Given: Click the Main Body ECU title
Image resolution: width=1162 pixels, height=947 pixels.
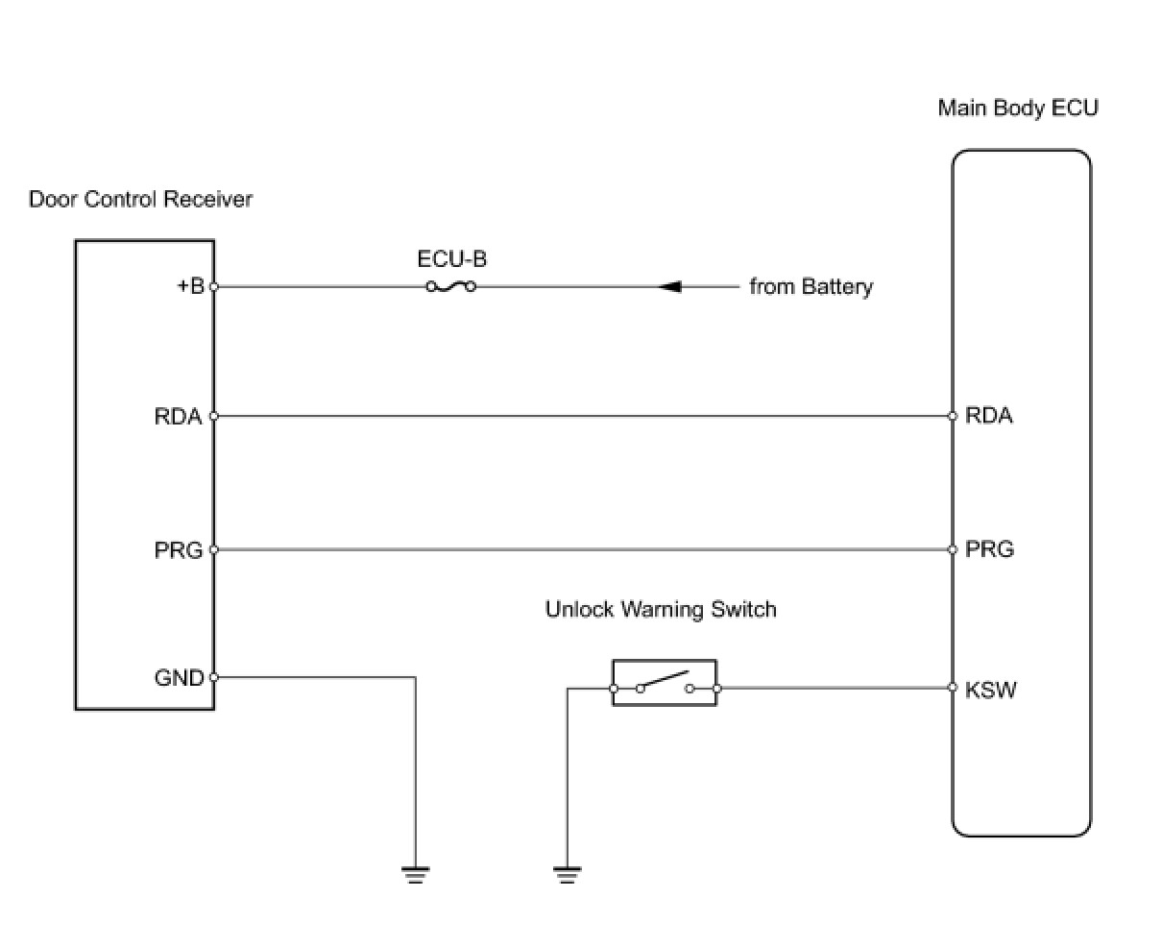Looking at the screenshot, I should [1017, 108].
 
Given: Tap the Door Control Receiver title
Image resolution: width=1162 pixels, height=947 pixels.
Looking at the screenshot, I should [140, 200].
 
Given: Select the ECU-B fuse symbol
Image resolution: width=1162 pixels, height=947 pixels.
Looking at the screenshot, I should [450, 286].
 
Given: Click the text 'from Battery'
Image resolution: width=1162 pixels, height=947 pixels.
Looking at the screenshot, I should [811, 286].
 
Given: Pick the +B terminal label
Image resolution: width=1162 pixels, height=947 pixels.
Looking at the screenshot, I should [190, 286].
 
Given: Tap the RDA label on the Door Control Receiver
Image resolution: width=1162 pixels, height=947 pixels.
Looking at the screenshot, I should [178, 417].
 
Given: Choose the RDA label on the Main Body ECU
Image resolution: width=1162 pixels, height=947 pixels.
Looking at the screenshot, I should [988, 416].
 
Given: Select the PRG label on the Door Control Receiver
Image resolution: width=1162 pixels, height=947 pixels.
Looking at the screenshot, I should [178, 550].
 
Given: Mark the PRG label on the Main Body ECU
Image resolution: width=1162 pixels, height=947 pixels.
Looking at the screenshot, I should [989, 549].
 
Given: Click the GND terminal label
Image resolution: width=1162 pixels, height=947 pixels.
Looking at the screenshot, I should [179, 678].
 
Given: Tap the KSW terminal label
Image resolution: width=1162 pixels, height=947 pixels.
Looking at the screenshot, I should [990, 689].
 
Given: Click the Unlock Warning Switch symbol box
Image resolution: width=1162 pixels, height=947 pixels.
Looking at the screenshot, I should [665, 684].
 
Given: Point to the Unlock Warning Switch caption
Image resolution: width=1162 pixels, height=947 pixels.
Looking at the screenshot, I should [661, 610].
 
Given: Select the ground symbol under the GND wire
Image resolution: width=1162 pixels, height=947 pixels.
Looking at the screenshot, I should [415, 874].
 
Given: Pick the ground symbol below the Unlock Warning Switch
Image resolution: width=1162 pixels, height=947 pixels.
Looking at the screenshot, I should [567, 874].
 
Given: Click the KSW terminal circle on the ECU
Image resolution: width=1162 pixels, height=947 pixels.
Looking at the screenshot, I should [953, 688].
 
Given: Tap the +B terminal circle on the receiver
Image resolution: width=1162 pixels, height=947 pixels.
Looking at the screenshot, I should [213, 286].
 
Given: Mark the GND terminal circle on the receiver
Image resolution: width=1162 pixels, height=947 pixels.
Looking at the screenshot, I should [213, 677].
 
